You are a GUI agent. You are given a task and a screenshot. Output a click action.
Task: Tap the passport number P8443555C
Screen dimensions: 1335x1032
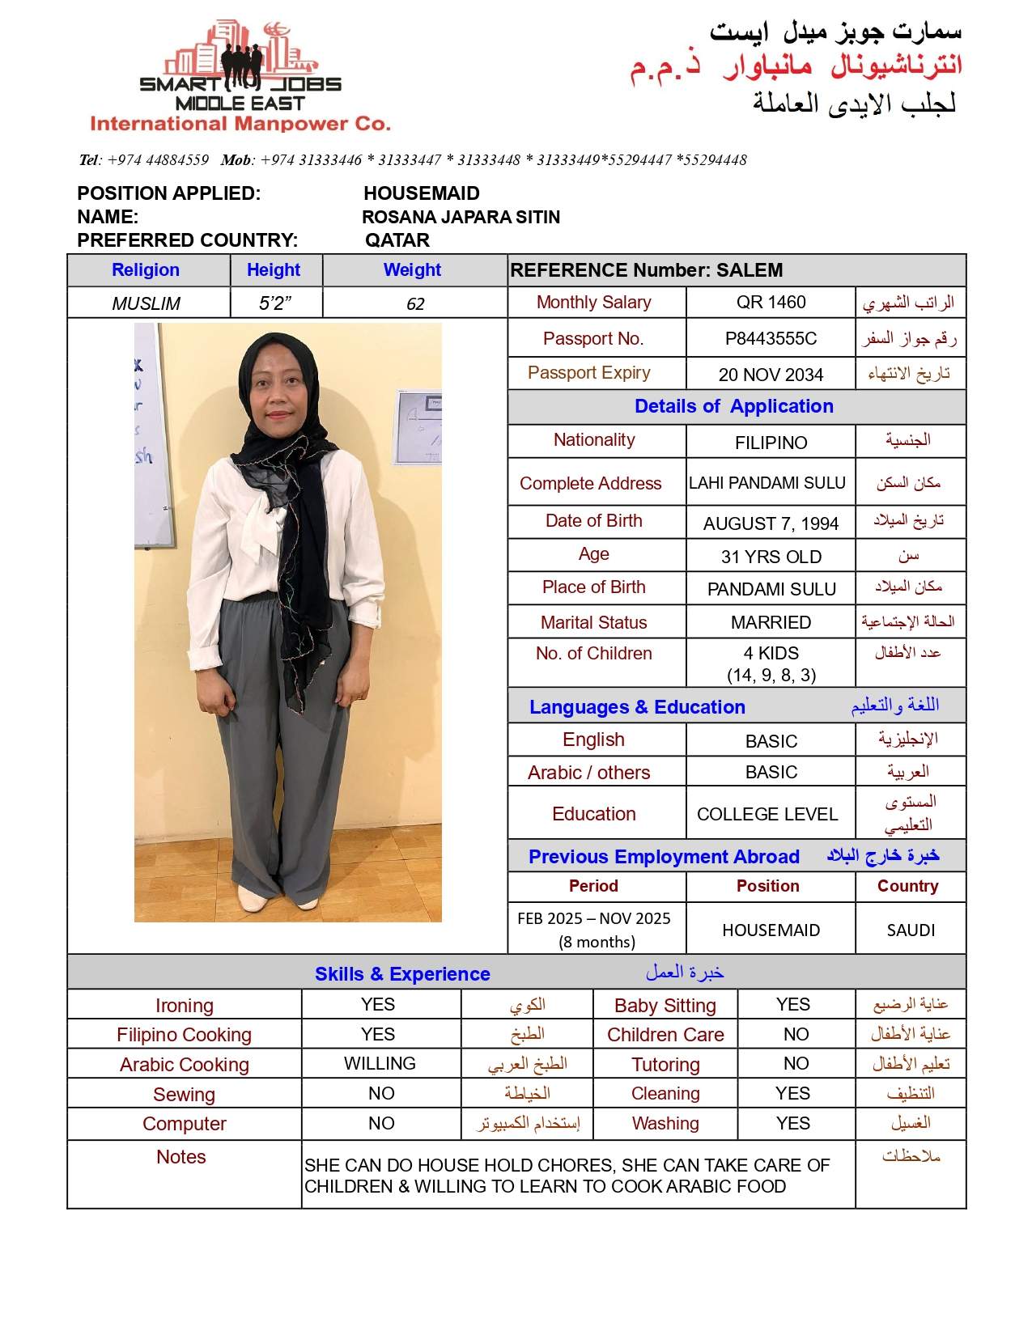tap(771, 339)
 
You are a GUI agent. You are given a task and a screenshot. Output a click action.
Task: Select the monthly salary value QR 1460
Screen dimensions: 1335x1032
tap(771, 303)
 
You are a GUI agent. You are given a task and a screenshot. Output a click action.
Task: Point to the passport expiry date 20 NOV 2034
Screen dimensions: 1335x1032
tap(771, 375)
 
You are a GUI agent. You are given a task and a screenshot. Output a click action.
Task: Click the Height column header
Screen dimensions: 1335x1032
tap(274, 270)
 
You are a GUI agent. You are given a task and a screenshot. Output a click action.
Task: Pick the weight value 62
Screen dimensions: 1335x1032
tap(415, 304)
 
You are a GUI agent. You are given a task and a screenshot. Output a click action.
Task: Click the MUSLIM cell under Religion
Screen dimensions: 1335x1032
tap(147, 304)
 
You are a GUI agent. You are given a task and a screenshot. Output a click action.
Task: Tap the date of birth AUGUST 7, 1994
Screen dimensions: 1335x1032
tap(771, 524)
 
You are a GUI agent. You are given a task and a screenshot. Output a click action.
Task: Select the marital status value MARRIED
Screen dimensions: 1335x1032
tap(771, 623)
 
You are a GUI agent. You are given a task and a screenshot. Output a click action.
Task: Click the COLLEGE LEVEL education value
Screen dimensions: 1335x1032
tap(767, 815)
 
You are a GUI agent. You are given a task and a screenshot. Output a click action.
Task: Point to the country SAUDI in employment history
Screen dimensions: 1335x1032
tap(911, 930)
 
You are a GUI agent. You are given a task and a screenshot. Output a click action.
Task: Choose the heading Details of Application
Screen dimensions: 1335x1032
tap(733, 407)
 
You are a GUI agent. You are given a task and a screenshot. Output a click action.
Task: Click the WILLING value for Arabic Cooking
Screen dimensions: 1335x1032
tap(380, 1064)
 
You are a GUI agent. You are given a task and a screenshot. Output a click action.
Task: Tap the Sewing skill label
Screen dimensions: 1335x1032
tap(185, 1095)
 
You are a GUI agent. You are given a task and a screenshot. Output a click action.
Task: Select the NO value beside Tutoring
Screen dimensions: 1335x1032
tap(796, 1064)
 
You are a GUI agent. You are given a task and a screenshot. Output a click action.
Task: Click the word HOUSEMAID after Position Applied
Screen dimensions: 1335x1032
tap(422, 193)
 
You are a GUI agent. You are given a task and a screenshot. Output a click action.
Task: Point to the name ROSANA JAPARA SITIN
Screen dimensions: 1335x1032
tap(461, 217)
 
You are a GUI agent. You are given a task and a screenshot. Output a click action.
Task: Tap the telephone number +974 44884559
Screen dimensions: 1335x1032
tap(158, 160)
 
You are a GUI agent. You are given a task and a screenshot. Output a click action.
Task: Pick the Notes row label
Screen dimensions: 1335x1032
tap(181, 1158)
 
